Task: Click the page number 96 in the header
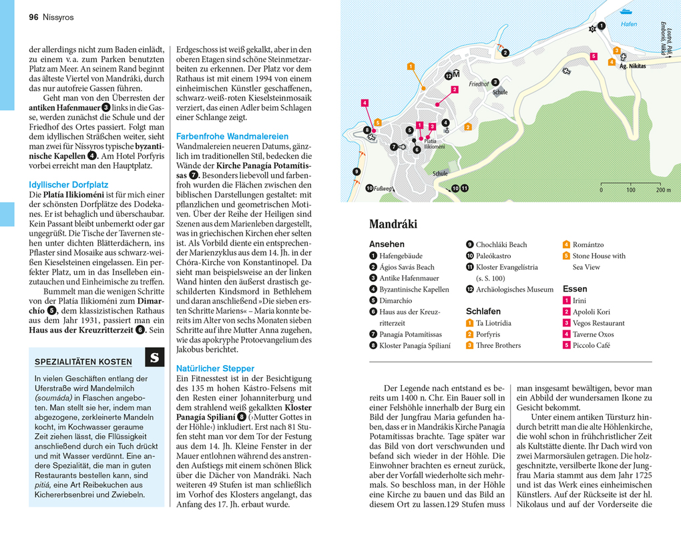click(x=33, y=17)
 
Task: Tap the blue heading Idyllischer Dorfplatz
click(x=68, y=184)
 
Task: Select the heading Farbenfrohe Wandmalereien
click(x=232, y=136)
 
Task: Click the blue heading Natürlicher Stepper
click(x=215, y=368)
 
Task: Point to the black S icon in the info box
click(x=154, y=358)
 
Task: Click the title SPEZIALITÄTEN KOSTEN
click(x=83, y=362)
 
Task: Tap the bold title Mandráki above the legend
click(x=393, y=224)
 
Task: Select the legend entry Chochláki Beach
click(x=501, y=244)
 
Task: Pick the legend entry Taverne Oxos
click(x=593, y=334)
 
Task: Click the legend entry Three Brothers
click(x=498, y=345)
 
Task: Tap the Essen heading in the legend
click(x=575, y=289)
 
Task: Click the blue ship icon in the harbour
click(x=626, y=11)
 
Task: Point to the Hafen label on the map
click(x=628, y=24)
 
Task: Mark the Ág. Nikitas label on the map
click(x=632, y=66)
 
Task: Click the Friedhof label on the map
click(x=479, y=85)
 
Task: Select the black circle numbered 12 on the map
click(x=449, y=76)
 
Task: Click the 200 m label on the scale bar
click(x=663, y=190)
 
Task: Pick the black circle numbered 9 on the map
click(x=357, y=172)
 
